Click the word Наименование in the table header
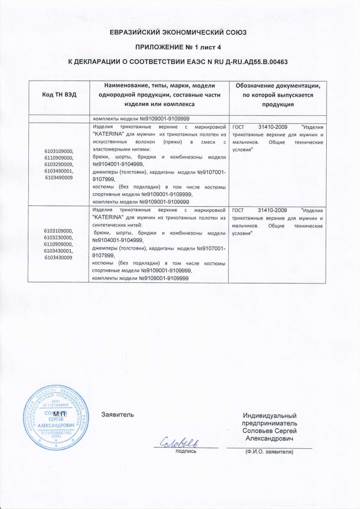click(x=125, y=86)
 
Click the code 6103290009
click(x=59, y=164)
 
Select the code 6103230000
click(x=59, y=238)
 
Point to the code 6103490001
click(x=59, y=170)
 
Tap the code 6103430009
click(x=59, y=258)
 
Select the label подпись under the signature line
click(x=186, y=451)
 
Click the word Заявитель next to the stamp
click(x=118, y=414)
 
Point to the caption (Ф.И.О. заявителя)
click(x=269, y=452)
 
